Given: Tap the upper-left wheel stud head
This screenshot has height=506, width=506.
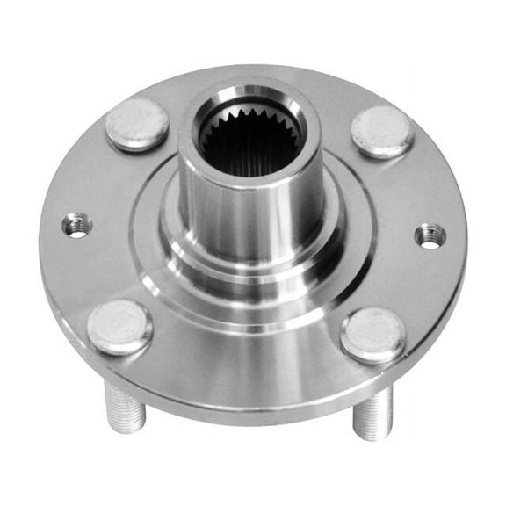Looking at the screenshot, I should (x=137, y=123).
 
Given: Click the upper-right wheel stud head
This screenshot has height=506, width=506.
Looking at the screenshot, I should (x=381, y=131).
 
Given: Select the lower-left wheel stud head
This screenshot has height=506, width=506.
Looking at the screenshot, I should (x=119, y=327).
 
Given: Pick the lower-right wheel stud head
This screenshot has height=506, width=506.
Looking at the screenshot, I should (x=373, y=335).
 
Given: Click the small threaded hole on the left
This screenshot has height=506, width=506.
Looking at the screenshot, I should (x=78, y=226).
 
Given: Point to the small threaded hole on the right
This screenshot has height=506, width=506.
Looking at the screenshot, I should (x=430, y=235).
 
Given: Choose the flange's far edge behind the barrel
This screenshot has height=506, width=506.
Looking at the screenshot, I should (x=264, y=72).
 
